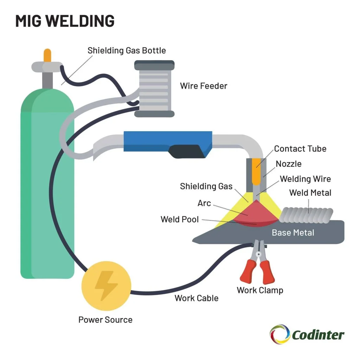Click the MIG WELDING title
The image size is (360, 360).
(65, 21)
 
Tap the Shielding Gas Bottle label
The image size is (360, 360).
(127, 50)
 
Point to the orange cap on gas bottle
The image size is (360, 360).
(47, 55)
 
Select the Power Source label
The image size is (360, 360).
(105, 320)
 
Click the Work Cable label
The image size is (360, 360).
(196, 298)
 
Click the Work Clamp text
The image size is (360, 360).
(260, 290)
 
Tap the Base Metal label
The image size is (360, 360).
(293, 232)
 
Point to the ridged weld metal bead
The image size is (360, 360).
(306, 214)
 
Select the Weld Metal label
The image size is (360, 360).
(310, 193)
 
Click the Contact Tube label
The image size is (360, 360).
(300, 149)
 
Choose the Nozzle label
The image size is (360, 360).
(288, 164)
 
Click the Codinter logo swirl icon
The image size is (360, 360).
(280, 334)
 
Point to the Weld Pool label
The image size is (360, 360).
(179, 220)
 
